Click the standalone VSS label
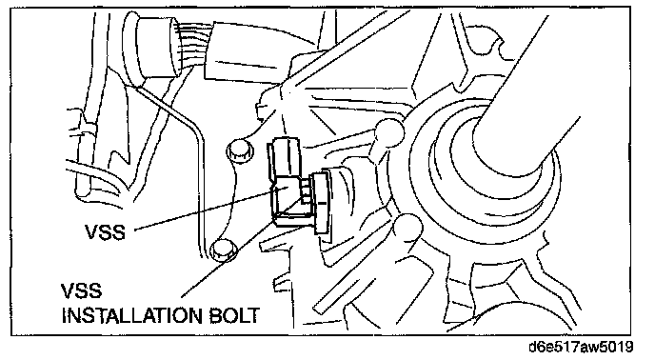[105, 231]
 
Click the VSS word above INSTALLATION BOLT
[82, 291]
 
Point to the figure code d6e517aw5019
[581, 347]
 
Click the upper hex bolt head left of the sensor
[240, 150]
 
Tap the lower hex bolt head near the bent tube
[223, 250]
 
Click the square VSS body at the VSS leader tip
[287, 199]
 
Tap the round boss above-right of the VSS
[389, 132]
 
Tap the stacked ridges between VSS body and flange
[308, 191]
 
